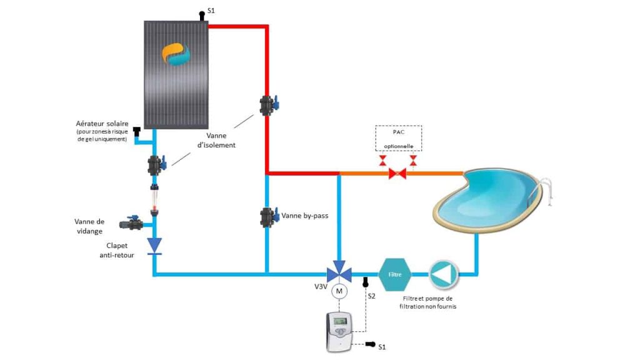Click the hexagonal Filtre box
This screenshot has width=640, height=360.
coord(394,274)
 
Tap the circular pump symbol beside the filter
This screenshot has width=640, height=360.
coord(443,274)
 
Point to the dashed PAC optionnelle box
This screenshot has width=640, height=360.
coord(398,138)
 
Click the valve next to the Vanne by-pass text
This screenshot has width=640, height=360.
coord(269,216)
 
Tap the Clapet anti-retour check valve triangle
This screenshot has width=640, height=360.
coord(154,245)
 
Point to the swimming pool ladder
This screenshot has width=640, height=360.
coord(547,190)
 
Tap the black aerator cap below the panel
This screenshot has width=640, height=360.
coord(137,131)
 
